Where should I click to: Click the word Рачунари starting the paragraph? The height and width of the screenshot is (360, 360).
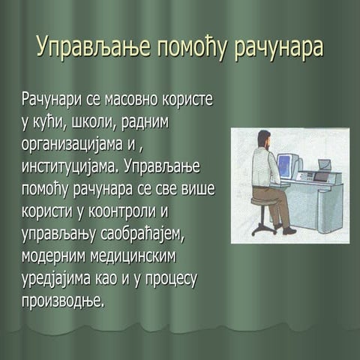[53, 100]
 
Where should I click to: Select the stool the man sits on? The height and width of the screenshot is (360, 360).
[262, 214]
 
